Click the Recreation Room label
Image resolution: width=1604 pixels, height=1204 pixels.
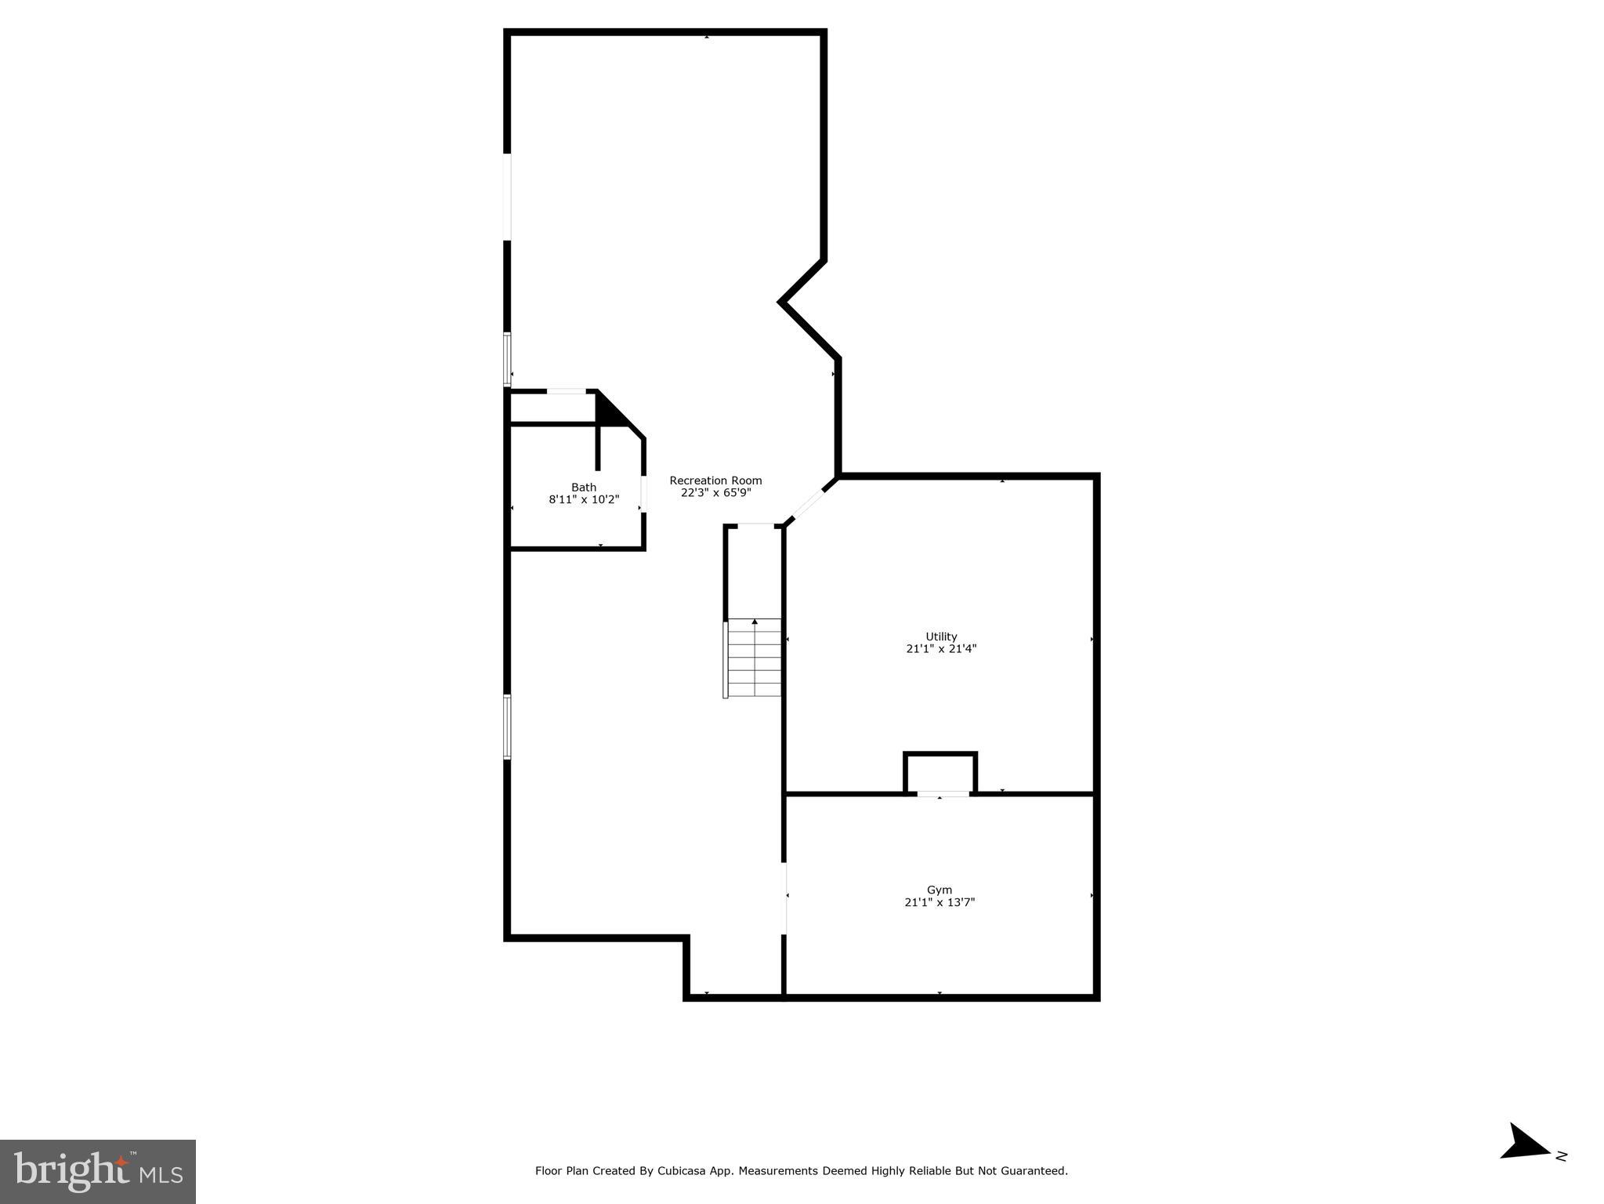[715, 481]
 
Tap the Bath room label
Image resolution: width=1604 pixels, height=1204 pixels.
[583, 488]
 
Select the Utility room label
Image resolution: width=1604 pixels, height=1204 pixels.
[941, 636]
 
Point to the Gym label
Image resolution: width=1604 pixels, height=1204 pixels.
[939, 890]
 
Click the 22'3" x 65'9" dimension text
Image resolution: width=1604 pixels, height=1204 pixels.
[715, 493]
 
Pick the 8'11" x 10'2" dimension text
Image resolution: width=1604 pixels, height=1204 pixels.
[583, 499]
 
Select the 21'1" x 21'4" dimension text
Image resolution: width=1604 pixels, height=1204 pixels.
[941, 649]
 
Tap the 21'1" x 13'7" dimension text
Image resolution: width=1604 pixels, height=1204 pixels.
[939, 902]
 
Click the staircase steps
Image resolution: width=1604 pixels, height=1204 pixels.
[755, 658]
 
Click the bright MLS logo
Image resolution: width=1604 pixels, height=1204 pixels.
[98, 1172]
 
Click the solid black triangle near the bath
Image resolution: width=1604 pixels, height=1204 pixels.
[610, 409]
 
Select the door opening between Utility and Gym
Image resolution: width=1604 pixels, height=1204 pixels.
[943, 794]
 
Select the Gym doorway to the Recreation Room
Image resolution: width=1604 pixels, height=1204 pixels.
[784, 898]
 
